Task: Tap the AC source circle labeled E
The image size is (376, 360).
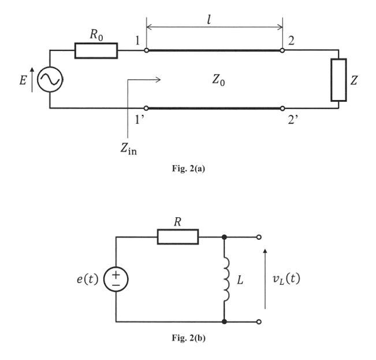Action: tap(50, 68)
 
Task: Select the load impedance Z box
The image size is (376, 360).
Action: tap(338, 59)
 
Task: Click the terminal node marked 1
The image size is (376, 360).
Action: tap(147, 50)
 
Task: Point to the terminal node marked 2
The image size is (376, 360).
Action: tap(282, 50)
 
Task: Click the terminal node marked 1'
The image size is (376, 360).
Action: tap(146, 108)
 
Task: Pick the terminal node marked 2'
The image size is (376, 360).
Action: tap(282, 109)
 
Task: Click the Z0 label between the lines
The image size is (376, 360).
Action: tap(218, 80)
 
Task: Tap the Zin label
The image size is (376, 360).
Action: tap(129, 149)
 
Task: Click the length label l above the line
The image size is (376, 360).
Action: tap(209, 20)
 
